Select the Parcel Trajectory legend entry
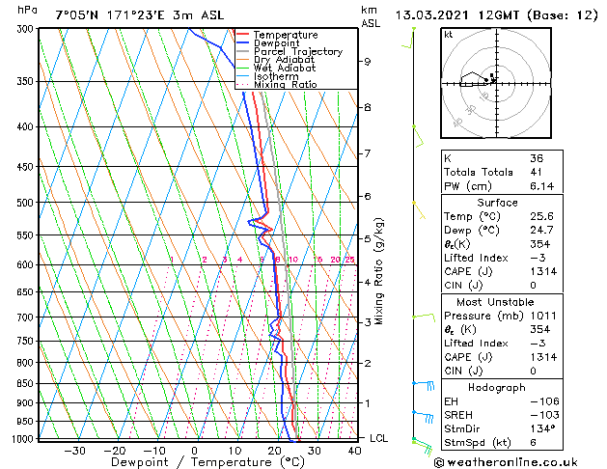[288, 52]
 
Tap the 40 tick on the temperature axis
[354, 451]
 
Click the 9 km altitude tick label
[368, 62]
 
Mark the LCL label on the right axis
[380, 438]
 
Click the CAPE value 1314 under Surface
[539, 271]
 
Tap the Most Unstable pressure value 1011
[539, 316]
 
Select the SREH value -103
[539, 414]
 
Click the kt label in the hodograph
[449, 34]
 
